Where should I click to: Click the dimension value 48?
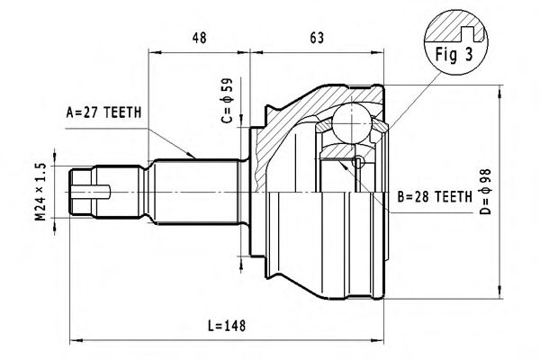click(x=200, y=39)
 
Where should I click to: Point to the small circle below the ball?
click(x=358, y=163)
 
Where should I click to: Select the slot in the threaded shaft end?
click(x=96, y=192)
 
